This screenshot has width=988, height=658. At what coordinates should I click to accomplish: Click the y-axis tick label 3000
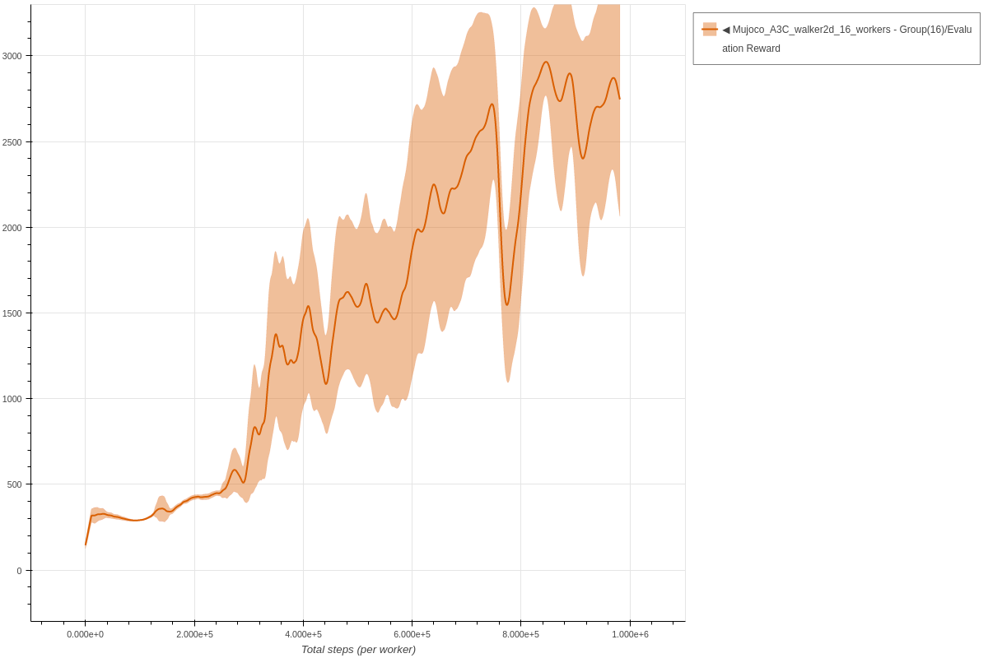(12, 56)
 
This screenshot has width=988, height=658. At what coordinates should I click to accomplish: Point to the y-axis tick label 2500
(12, 141)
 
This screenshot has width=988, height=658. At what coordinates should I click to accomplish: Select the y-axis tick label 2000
(12, 227)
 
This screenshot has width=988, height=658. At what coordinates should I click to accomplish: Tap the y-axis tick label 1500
(12, 313)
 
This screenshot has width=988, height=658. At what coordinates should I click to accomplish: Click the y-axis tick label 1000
(12, 399)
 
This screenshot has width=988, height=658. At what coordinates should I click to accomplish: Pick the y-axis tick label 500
(14, 484)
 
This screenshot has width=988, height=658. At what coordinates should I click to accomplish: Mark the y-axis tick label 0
(19, 570)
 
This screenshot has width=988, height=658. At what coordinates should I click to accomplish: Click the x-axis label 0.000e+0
(86, 634)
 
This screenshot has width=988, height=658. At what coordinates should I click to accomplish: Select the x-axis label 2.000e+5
(194, 634)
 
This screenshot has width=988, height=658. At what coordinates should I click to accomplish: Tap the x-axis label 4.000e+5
(303, 634)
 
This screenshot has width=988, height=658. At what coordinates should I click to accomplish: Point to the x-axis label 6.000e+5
(412, 634)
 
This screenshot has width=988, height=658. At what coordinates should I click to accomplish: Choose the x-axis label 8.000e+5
(520, 634)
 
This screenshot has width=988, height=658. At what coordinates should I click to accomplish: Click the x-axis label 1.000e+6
(630, 634)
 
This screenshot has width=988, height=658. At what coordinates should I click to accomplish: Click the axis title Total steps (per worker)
(358, 650)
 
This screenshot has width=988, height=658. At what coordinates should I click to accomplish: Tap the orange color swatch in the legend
(709, 30)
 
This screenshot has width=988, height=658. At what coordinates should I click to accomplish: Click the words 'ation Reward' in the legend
(751, 49)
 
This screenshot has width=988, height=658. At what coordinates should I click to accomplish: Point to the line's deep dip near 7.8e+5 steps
(507, 305)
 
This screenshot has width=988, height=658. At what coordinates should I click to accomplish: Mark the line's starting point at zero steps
(86, 544)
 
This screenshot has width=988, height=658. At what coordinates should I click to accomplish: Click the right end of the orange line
(619, 99)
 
